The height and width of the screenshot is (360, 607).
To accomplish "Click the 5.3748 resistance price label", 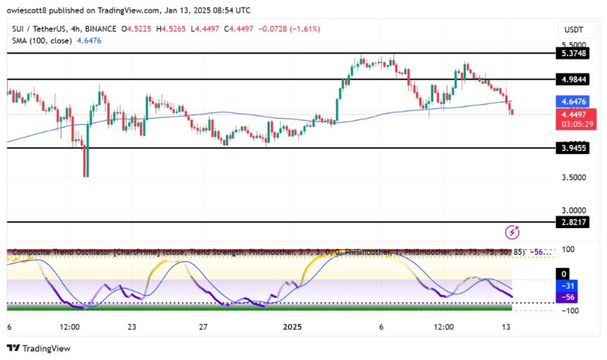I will click(x=573, y=54).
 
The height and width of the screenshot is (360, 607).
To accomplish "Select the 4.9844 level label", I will click(x=573, y=80).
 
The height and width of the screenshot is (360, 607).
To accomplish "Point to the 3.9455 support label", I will click(x=573, y=149).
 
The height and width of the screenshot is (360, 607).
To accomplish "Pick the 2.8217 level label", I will click(x=573, y=222).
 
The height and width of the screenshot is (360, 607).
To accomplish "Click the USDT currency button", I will click(x=573, y=29).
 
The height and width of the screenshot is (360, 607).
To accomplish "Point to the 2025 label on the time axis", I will click(x=292, y=328).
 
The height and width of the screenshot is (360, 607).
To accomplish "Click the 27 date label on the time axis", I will click(x=202, y=328).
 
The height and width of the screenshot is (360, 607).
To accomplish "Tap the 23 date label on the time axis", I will click(x=132, y=328).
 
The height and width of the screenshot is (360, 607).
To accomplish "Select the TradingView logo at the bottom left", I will click(x=39, y=348).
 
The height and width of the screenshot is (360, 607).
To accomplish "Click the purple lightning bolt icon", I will click(x=513, y=232).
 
